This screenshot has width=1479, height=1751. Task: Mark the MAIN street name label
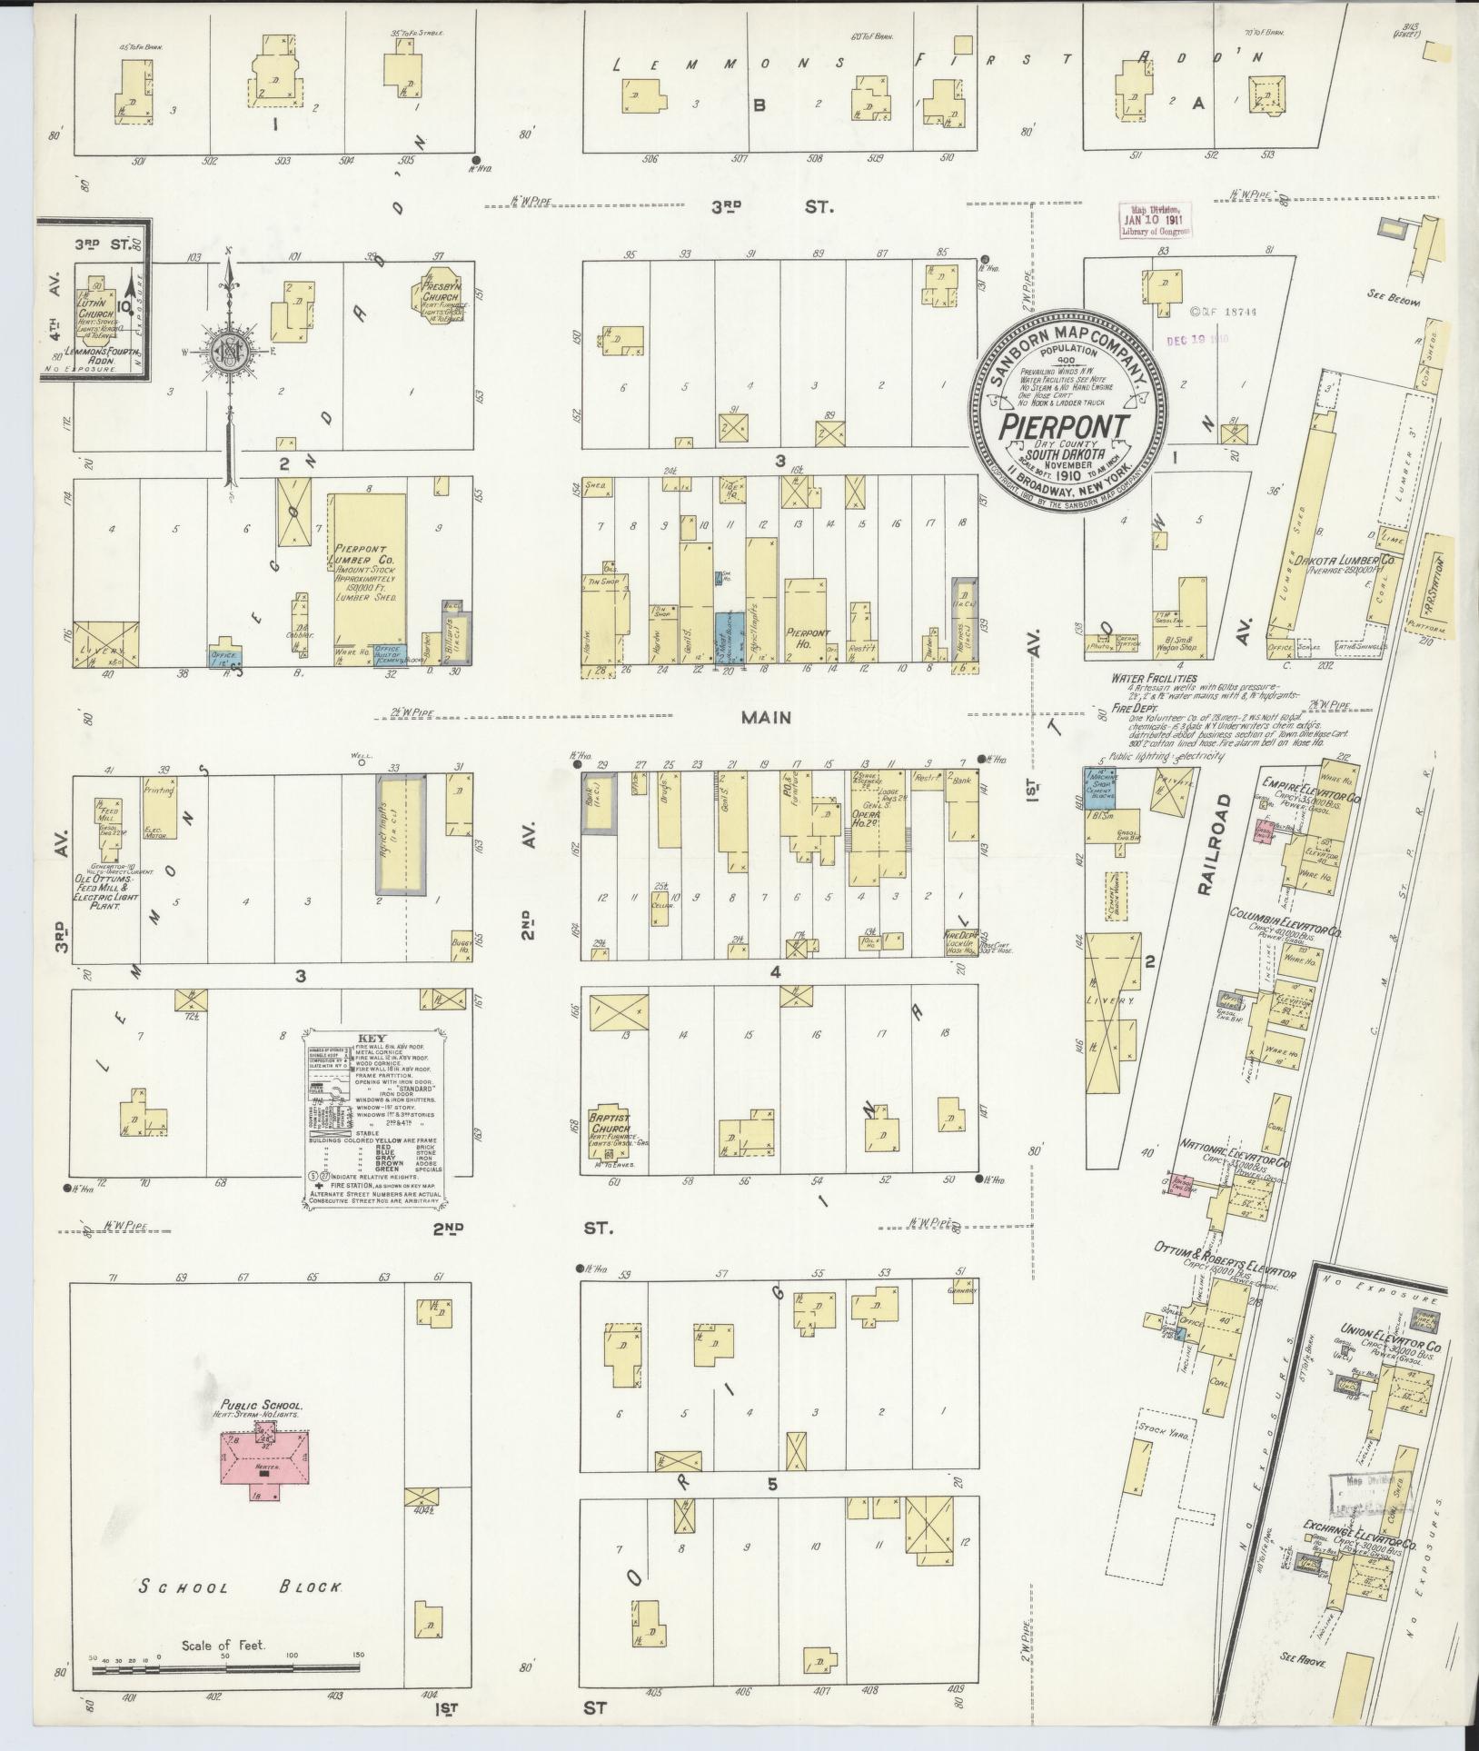[x=766, y=717]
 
